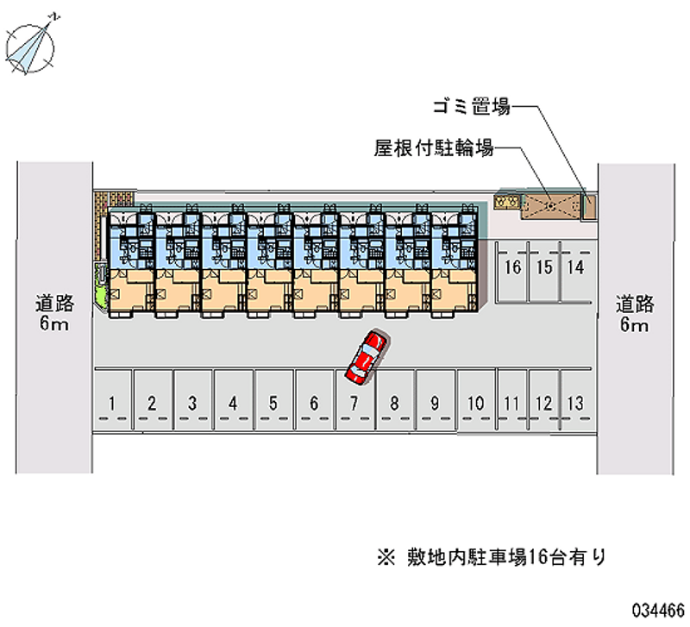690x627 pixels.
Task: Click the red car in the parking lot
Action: tap(367, 356)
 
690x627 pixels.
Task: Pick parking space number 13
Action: tap(576, 402)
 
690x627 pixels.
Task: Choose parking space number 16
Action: tap(513, 267)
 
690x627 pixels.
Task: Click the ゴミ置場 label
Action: tap(472, 107)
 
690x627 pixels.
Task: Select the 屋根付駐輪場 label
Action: tap(433, 148)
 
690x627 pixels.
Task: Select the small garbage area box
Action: tap(590, 206)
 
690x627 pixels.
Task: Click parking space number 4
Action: tap(233, 402)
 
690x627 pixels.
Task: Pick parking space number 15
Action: tap(544, 267)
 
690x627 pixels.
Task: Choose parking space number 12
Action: tap(543, 402)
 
